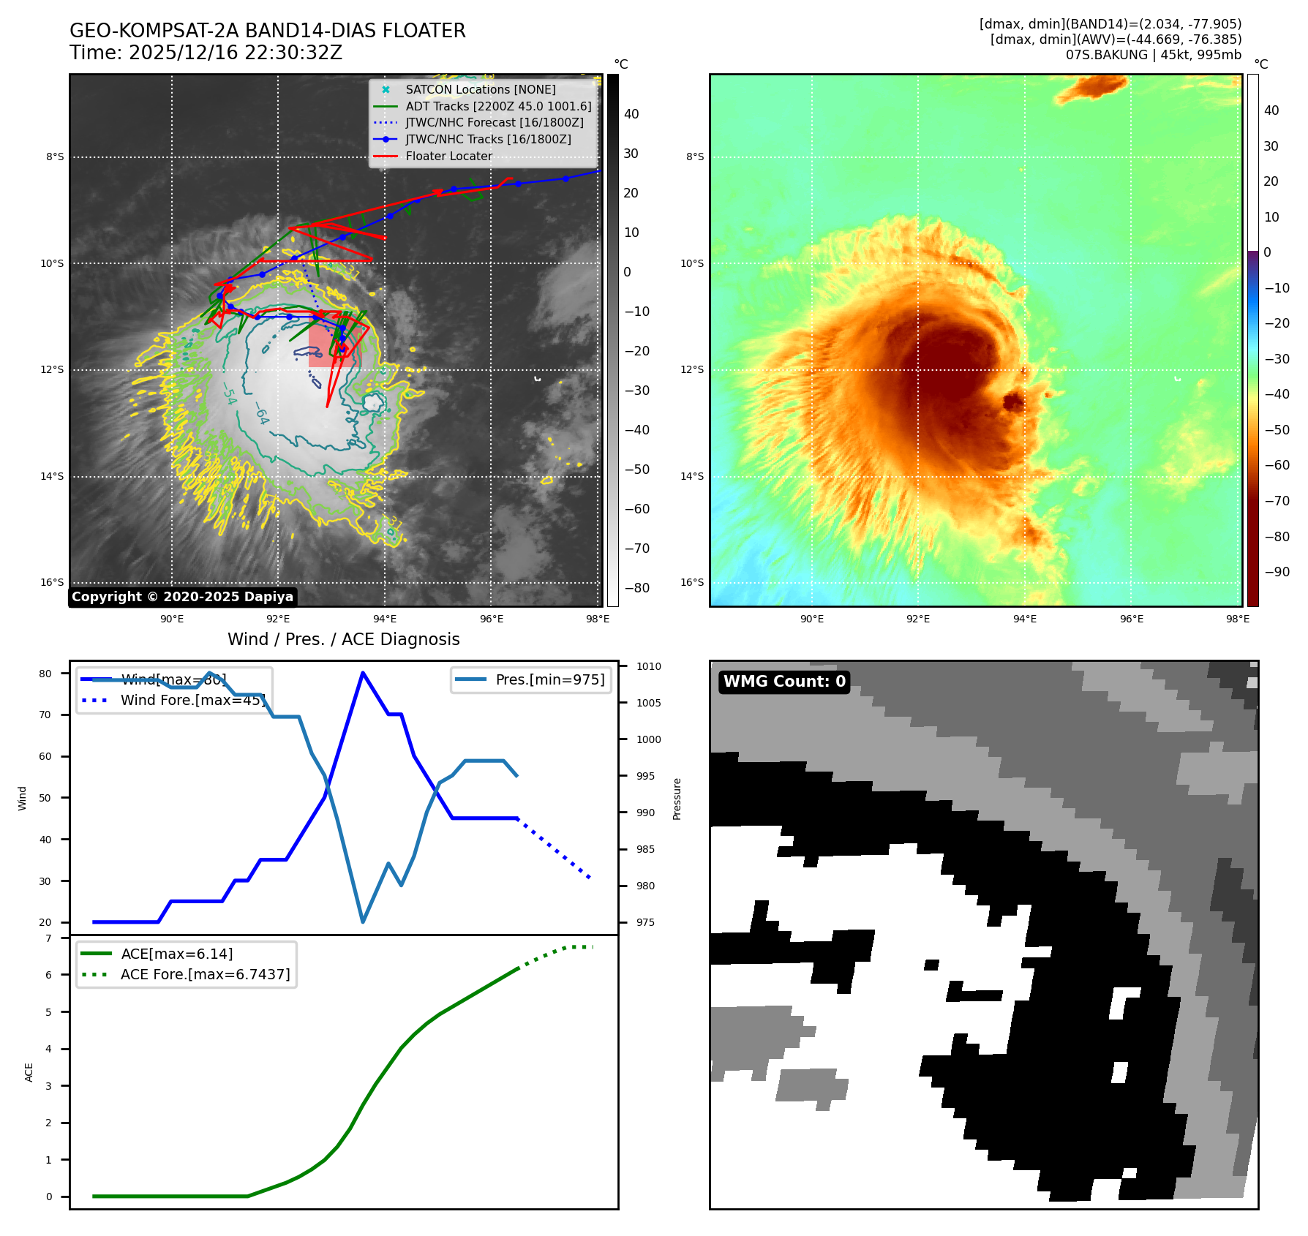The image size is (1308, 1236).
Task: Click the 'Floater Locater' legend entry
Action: click(x=448, y=156)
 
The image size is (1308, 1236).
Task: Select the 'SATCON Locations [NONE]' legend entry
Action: click(x=480, y=89)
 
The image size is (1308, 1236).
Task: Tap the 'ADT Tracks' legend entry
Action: click(x=498, y=106)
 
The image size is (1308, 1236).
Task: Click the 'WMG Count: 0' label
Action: click(x=784, y=682)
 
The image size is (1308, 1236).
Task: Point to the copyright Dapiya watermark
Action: click(x=182, y=597)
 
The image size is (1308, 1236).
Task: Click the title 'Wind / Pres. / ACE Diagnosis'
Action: click(x=344, y=639)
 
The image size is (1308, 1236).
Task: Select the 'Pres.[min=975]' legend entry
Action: click(x=549, y=679)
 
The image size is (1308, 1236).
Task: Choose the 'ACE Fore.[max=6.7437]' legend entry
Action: click(x=205, y=974)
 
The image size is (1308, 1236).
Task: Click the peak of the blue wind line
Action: click(x=363, y=673)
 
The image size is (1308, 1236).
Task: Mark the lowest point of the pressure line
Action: click(x=363, y=922)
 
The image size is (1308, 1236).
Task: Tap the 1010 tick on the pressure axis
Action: click(x=648, y=666)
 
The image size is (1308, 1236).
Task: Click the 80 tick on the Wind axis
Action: click(x=45, y=674)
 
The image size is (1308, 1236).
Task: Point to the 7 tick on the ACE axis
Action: click(x=48, y=938)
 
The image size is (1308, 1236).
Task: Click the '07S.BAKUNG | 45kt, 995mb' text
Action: click(x=1153, y=55)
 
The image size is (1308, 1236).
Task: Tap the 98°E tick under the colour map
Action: click(x=1238, y=619)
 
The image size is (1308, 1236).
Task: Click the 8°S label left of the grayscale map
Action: click(x=55, y=157)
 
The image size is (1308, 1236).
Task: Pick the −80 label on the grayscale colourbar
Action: click(x=637, y=588)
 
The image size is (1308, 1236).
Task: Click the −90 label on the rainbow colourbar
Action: click(x=1277, y=572)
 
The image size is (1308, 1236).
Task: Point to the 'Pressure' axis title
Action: click(x=677, y=799)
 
